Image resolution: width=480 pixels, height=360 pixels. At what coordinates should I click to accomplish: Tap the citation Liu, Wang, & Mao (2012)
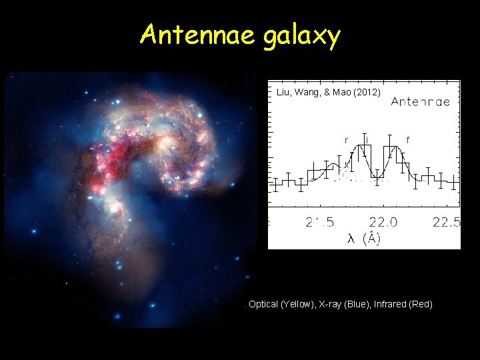click(328, 93)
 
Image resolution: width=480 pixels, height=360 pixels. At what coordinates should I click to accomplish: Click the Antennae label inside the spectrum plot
click(420, 102)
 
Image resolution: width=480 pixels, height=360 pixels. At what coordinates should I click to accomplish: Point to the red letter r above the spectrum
click(345, 140)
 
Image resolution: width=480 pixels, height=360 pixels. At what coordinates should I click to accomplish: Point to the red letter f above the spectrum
click(407, 140)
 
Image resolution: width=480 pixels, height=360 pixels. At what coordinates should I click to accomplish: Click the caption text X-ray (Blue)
click(341, 304)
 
